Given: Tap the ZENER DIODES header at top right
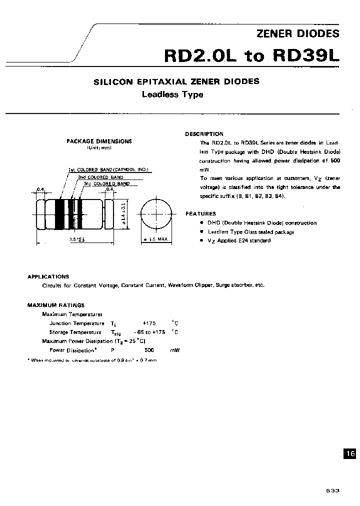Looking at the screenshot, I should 297,34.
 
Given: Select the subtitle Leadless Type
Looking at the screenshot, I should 172,94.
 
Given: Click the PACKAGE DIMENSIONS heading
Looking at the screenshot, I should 99,141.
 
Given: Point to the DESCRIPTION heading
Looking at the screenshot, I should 204,134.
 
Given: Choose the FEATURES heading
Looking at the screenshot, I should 200,213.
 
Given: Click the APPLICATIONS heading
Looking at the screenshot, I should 48,276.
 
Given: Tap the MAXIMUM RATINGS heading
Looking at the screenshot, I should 55,305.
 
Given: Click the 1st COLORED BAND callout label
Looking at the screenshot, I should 108,170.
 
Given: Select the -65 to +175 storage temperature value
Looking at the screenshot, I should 149,332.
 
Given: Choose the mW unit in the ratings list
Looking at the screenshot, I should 174,350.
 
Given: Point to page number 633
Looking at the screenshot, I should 332,490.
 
